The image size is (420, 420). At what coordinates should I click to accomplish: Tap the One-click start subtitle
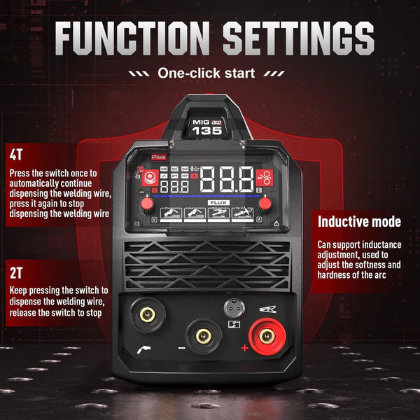(206, 73)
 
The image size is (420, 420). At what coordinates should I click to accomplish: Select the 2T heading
(16, 270)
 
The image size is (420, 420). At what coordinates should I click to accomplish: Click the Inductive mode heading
(359, 222)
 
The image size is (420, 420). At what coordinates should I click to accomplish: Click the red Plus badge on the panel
(158, 158)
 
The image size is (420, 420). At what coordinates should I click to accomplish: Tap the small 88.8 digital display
(174, 187)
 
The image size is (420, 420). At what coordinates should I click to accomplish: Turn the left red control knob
(147, 204)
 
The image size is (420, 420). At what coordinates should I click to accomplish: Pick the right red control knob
(266, 204)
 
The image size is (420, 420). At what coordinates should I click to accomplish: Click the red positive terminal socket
(266, 336)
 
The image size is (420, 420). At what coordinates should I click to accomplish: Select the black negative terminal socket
(204, 337)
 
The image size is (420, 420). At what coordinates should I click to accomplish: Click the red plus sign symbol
(244, 348)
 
